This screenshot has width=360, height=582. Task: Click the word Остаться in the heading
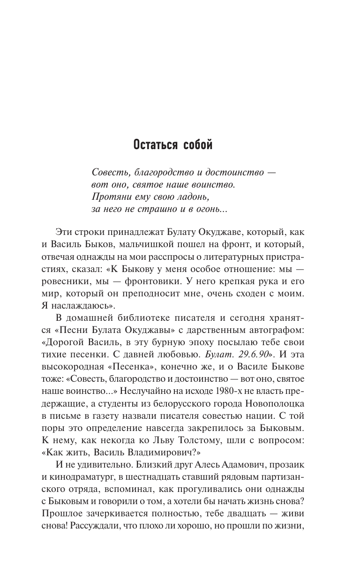153,145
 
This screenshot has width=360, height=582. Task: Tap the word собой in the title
195,145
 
